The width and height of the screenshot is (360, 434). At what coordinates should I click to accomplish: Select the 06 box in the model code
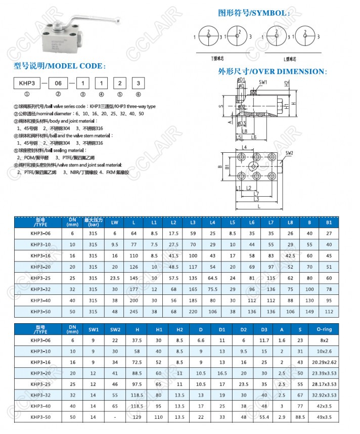[x=58, y=82]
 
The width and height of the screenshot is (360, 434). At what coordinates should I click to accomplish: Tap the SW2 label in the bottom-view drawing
[x=289, y=153]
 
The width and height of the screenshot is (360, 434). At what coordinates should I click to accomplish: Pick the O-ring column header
[x=324, y=330]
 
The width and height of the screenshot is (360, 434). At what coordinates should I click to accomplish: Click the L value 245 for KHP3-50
[x=133, y=311]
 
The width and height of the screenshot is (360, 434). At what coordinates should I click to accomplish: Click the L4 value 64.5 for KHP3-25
[x=212, y=277]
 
